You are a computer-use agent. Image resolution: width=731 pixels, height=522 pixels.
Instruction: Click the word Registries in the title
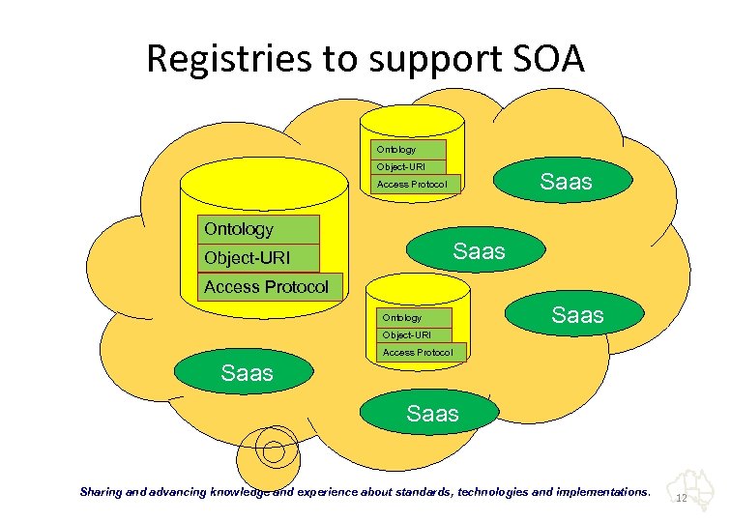(x=228, y=59)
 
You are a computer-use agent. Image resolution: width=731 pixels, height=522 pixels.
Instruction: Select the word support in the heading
(x=435, y=62)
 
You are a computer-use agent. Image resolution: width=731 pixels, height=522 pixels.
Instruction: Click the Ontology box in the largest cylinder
(x=258, y=229)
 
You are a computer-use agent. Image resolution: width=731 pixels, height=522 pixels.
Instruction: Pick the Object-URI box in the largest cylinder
(x=258, y=258)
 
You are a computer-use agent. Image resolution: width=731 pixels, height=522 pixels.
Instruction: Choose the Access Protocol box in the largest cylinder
(x=270, y=287)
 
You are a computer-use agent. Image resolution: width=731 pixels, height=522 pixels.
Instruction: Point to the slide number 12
(x=682, y=498)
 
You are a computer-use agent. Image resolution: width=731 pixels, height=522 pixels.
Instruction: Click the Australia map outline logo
(x=691, y=490)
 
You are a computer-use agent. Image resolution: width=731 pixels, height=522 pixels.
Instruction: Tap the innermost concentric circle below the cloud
(x=274, y=451)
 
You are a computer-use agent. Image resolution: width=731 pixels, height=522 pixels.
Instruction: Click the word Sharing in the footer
(x=101, y=492)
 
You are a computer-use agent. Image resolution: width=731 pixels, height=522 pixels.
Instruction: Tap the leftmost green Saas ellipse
(x=244, y=372)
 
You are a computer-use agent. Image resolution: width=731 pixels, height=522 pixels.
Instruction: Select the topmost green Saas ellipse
(x=563, y=180)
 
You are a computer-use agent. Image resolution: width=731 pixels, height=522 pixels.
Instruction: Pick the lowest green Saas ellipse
(x=429, y=413)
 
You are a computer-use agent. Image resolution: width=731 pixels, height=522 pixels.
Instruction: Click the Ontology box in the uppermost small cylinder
(x=408, y=150)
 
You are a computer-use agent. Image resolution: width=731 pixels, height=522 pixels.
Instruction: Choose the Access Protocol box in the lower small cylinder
(x=422, y=352)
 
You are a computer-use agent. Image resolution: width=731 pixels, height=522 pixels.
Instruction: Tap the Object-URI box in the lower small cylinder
(x=414, y=335)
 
